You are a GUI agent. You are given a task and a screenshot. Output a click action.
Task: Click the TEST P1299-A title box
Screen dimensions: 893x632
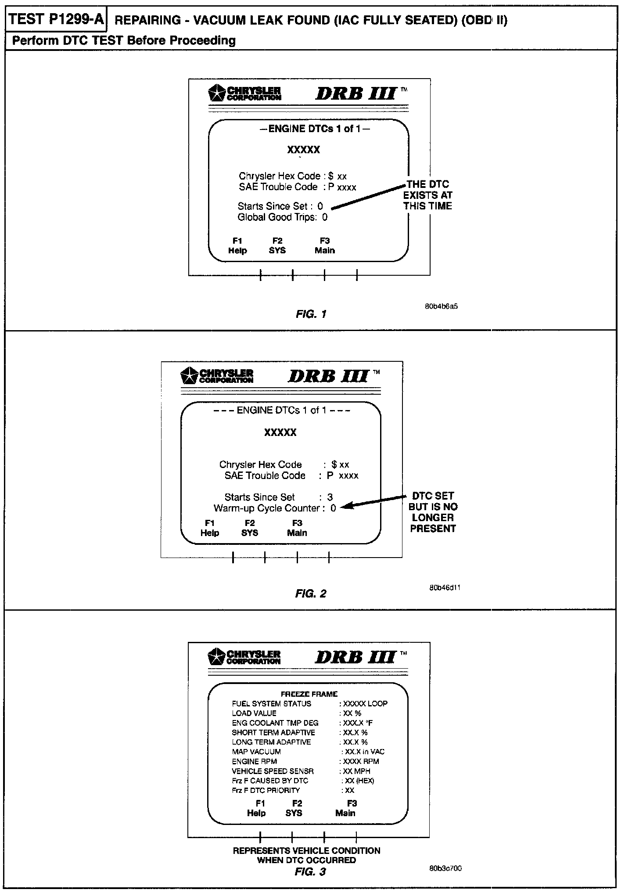pos(56,20)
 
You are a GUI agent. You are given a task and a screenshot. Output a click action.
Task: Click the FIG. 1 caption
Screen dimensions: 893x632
pos(311,314)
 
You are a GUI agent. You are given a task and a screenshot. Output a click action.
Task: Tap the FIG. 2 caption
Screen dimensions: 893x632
pos(311,594)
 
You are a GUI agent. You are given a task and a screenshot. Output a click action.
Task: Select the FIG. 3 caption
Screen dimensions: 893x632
pos(310,871)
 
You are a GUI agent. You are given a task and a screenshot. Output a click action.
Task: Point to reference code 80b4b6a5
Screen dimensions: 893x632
pos(441,306)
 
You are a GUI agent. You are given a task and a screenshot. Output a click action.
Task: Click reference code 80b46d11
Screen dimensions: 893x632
pos(445,587)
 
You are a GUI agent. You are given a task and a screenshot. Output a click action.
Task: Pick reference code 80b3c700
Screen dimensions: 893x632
pos(445,868)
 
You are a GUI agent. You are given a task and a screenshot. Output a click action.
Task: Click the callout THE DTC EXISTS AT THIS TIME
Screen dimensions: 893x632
pos(427,195)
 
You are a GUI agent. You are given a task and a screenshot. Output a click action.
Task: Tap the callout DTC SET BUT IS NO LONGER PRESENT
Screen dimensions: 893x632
pos(433,512)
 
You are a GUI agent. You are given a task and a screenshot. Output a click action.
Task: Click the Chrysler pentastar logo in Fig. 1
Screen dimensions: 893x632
pos(216,93)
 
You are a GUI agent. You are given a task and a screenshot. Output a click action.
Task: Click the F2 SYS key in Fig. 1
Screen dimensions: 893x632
pos(277,246)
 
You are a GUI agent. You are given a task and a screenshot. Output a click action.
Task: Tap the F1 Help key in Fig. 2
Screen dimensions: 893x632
pos(210,528)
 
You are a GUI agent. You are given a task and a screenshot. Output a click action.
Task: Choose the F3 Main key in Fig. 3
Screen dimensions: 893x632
pos(346,808)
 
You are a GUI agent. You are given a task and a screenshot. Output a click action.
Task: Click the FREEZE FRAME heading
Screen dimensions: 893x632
pos(309,694)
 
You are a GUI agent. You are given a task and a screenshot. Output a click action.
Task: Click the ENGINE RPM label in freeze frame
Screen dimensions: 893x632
pos(255,761)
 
